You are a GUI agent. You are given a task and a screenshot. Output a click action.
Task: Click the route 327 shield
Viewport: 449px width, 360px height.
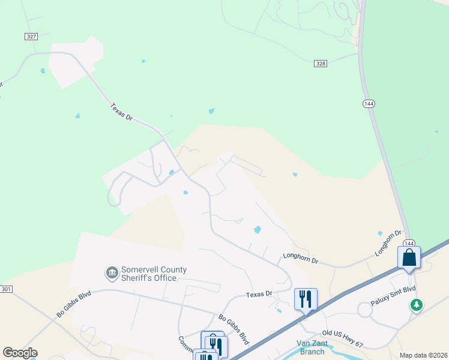(32, 37)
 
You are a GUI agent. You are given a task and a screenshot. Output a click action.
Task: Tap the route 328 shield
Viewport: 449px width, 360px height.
(320, 63)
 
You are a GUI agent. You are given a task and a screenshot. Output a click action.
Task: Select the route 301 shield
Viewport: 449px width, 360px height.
(6, 290)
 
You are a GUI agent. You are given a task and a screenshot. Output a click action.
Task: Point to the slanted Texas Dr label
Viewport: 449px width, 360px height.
(121, 112)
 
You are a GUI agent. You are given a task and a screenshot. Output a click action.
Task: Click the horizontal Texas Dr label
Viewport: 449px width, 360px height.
(260, 295)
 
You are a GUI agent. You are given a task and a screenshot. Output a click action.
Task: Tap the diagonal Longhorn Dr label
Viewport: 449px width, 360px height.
(388, 242)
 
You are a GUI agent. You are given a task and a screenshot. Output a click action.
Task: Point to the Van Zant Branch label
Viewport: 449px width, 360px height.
(312, 347)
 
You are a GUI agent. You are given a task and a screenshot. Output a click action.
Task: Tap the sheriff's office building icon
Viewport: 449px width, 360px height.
(112, 274)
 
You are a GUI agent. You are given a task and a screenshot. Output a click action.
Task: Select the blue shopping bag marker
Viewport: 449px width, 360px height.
(409, 258)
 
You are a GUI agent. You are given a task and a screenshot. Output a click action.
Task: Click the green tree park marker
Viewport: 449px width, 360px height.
(416, 305)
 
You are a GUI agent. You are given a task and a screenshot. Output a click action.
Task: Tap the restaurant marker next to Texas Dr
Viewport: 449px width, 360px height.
(306, 298)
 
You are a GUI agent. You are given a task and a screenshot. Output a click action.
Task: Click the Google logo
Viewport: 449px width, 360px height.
(20, 353)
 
